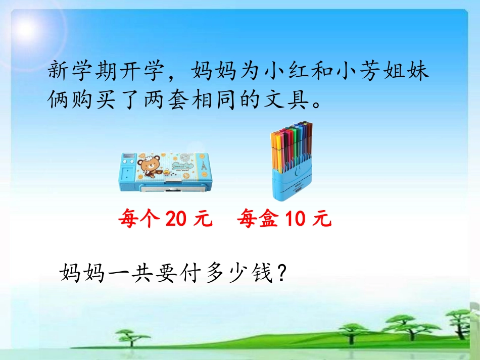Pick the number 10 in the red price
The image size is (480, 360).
click(295, 220)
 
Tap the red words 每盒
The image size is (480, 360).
click(257, 220)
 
